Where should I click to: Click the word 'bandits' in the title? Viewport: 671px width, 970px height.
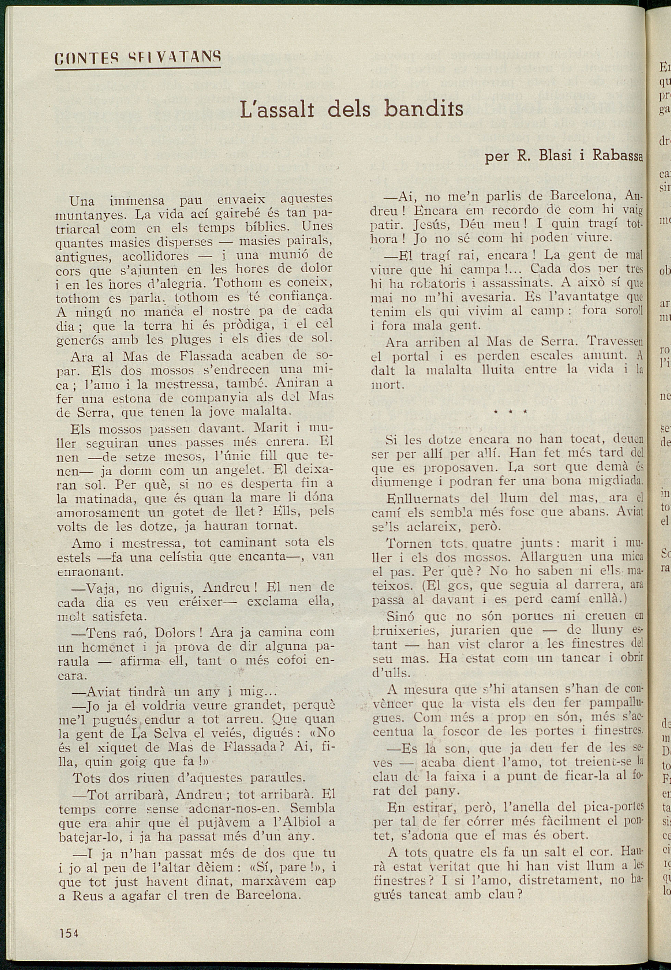tap(423, 109)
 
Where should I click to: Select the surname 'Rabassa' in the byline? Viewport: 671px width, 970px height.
tap(618, 155)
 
